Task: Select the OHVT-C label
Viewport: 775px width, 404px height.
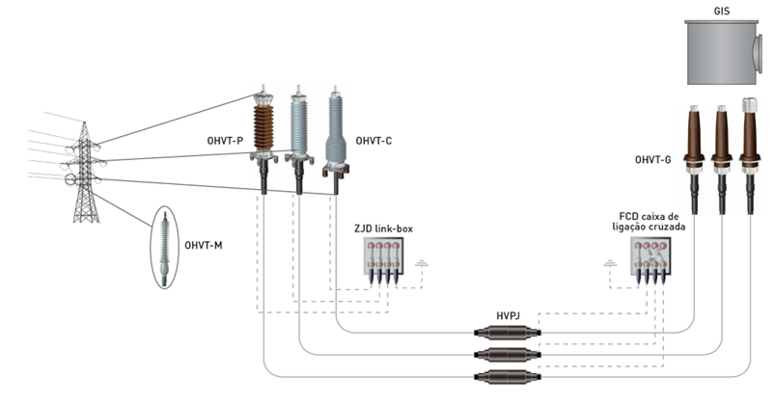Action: (374, 141)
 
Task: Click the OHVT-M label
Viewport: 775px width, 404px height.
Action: (203, 246)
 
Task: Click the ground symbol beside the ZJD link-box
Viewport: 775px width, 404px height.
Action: (421, 262)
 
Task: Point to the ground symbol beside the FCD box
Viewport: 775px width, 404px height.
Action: (609, 262)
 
